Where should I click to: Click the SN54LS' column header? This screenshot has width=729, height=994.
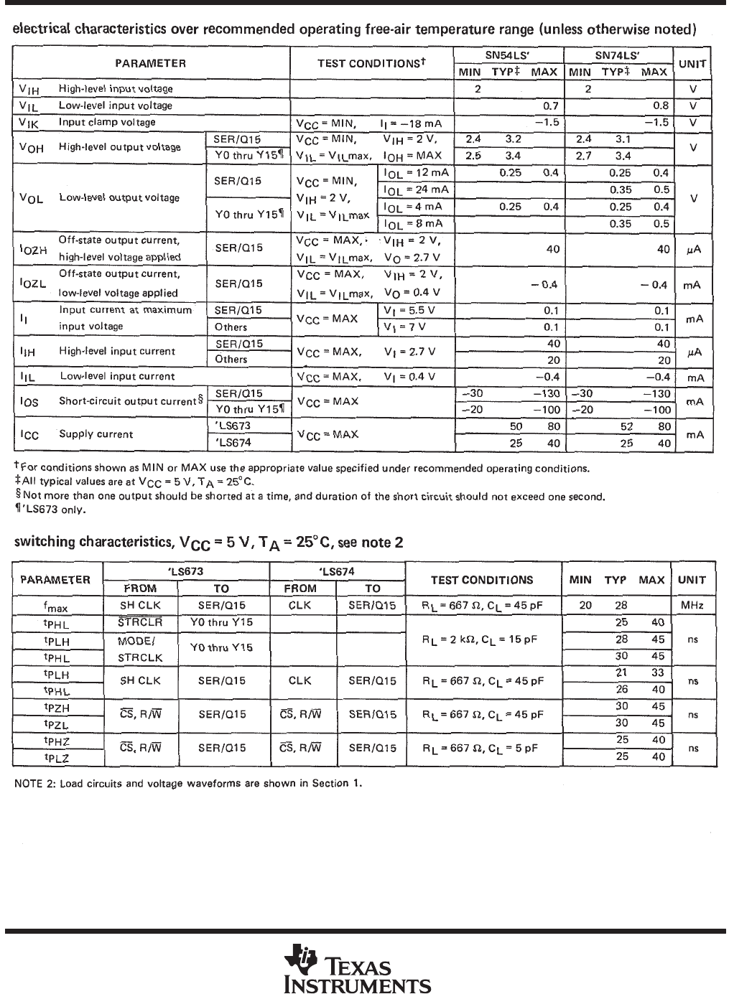(508, 55)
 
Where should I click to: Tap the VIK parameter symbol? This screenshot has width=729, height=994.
(29, 123)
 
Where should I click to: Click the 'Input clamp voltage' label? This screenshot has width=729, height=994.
(107, 122)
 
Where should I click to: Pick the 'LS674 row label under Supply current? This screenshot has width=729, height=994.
(233, 443)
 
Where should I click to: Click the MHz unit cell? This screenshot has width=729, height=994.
(692, 606)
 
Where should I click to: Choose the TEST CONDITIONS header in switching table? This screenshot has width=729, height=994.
(481, 580)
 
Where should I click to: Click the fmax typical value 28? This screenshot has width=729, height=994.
(621, 606)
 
